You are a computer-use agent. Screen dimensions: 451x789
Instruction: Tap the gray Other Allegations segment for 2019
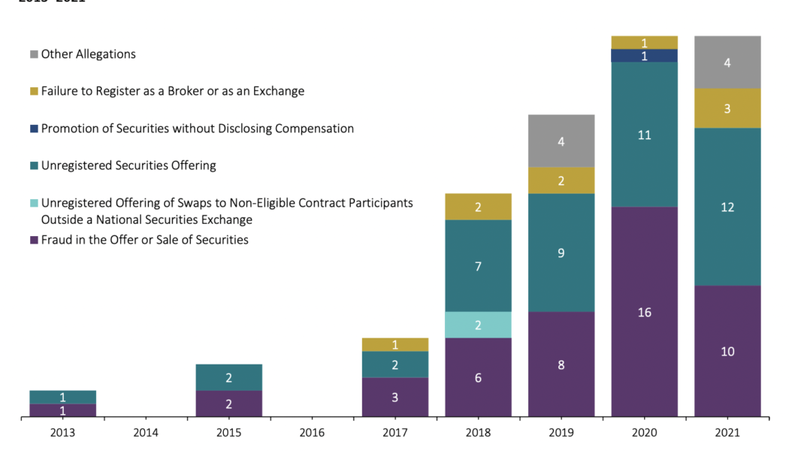coord(561,141)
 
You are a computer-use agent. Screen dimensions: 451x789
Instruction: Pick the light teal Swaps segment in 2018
coord(478,325)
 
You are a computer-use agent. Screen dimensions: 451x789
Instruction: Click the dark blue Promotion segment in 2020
coord(644,56)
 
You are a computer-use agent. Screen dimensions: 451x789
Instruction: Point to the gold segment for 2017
coord(394,344)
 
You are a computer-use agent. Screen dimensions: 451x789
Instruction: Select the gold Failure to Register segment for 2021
coord(727,108)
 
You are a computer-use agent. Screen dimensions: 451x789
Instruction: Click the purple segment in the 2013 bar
coord(62,410)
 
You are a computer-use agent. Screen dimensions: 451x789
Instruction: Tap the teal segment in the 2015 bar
coord(228,377)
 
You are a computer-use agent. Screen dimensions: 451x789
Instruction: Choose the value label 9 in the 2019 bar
coord(561,253)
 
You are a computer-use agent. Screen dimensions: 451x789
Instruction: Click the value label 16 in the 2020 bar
coord(644,312)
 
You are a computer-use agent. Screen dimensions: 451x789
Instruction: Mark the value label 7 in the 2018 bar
coord(478,266)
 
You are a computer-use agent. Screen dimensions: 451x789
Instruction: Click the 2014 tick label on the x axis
coord(146,433)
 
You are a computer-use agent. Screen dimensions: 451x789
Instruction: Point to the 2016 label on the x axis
coord(312,433)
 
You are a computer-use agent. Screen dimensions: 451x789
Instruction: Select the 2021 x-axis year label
coord(727,433)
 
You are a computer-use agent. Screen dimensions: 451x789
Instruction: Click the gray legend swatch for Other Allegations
coord(34,55)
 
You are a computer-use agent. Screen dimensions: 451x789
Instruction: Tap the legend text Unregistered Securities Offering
coord(128,165)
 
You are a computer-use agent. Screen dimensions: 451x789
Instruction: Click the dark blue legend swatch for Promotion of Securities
coord(34,129)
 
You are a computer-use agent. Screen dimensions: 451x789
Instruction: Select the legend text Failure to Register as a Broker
coord(173,91)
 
